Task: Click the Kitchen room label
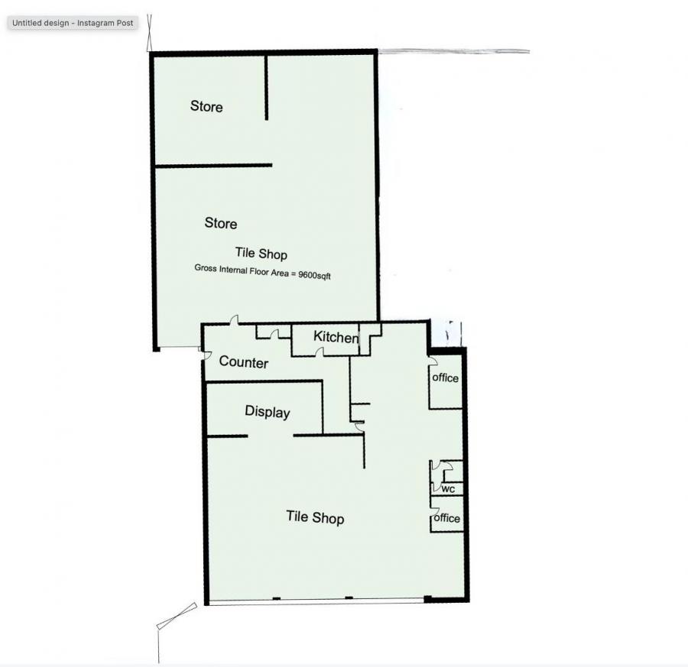click(x=336, y=337)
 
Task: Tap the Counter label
click(x=243, y=362)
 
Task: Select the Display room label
click(x=267, y=412)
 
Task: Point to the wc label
click(x=448, y=489)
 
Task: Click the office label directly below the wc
click(x=447, y=518)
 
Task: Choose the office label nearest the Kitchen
click(x=446, y=377)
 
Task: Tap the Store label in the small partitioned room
click(x=206, y=106)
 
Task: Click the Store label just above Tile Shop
click(x=220, y=223)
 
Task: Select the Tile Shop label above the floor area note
click(x=261, y=254)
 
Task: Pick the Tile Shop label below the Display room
click(x=315, y=517)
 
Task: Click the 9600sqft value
click(x=314, y=274)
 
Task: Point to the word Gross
click(x=206, y=268)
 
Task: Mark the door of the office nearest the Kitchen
click(x=432, y=360)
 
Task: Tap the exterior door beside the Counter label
click(x=206, y=352)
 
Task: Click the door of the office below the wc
click(x=433, y=501)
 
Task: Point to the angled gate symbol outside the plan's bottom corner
click(x=177, y=615)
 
